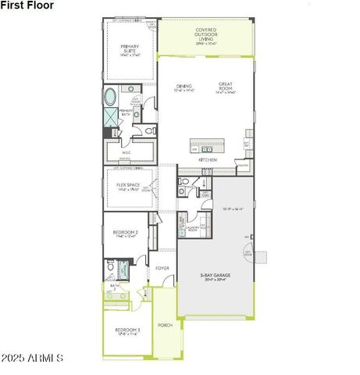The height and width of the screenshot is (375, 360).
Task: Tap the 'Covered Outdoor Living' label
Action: pos(206,36)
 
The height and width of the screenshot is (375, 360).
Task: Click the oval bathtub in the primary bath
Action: pos(110,98)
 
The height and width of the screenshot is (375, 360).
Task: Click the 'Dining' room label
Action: pos(184,87)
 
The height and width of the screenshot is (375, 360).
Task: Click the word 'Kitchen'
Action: pos(208,159)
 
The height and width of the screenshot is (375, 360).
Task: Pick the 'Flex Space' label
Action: pos(128,186)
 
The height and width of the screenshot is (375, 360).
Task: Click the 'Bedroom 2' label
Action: pos(125,233)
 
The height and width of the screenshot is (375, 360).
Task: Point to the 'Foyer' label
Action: pos(162,268)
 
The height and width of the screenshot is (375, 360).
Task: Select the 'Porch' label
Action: pos(165,324)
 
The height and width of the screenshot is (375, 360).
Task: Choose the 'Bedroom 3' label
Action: pos(127,331)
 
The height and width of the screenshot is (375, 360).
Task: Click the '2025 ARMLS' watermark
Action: pos(32,359)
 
